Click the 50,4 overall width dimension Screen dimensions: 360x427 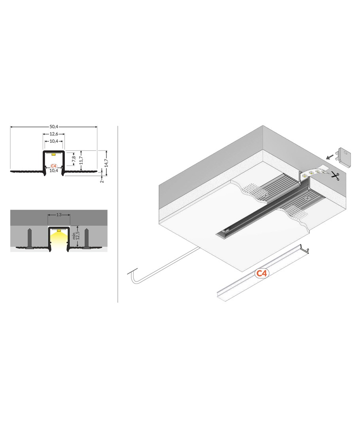54,127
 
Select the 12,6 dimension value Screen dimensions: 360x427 54,134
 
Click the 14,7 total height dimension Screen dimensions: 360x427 106,162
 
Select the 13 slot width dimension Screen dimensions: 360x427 59,215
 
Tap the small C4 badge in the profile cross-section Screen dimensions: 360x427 54,166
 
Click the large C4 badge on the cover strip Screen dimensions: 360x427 261,274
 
